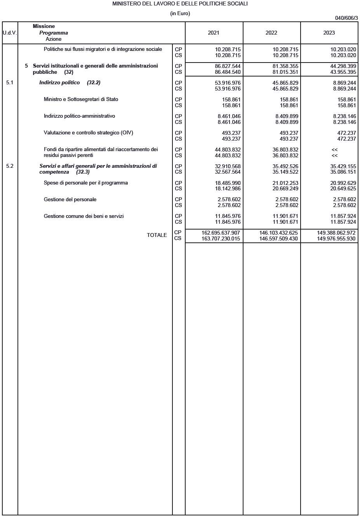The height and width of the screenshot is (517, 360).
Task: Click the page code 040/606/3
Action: (x=346, y=18)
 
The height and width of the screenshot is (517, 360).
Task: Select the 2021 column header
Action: (x=214, y=33)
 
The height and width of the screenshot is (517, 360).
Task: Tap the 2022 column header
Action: (x=271, y=33)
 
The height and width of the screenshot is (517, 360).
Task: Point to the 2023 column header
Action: (x=329, y=33)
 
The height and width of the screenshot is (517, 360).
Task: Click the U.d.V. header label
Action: (x=10, y=33)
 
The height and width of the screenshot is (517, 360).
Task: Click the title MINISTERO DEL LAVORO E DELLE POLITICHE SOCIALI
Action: (x=180, y=3)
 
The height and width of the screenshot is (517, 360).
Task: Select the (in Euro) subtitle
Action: (x=180, y=13)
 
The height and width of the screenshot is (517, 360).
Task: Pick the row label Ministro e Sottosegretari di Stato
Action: (x=81, y=99)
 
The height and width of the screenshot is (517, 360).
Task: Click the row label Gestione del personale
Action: (x=70, y=200)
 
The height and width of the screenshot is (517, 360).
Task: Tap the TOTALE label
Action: (x=157, y=235)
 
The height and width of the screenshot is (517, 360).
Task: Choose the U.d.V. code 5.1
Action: (x=10, y=83)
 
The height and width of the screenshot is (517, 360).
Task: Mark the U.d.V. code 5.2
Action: (x=10, y=166)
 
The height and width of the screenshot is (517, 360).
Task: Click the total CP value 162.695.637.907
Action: (x=221, y=233)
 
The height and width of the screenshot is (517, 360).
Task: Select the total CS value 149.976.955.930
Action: (x=336, y=238)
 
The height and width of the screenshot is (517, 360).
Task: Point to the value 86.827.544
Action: (x=228, y=66)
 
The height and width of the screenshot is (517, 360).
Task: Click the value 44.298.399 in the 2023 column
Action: (x=343, y=66)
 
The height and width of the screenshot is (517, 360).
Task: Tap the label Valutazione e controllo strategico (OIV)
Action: (x=88, y=133)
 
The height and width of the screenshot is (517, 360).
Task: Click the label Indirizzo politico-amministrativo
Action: (x=79, y=116)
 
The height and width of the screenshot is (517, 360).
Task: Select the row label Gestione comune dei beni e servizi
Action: (x=83, y=216)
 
